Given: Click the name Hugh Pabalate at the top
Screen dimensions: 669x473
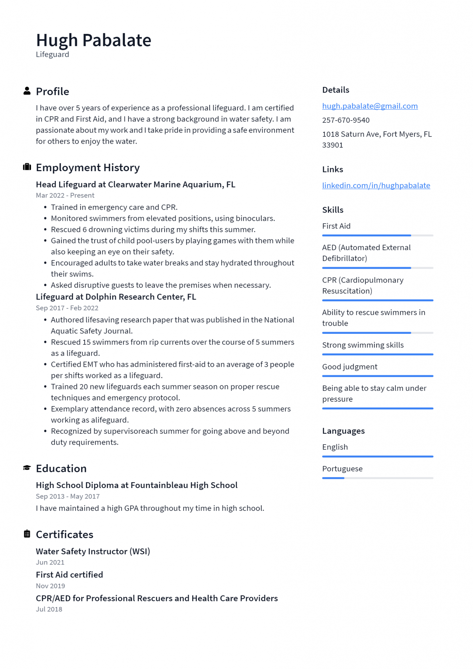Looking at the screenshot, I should click(x=93, y=40).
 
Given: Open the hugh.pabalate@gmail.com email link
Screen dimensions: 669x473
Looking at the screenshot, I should click(x=369, y=106).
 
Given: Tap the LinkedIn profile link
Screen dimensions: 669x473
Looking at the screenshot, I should click(x=376, y=186).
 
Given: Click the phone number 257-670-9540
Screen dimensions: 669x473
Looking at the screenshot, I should click(x=346, y=120).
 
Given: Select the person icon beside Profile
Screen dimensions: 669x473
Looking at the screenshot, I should click(x=27, y=91).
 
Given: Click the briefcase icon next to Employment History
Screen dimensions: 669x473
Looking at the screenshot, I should click(x=27, y=167).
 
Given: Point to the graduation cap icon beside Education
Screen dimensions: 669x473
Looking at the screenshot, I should click(x=27, y=468).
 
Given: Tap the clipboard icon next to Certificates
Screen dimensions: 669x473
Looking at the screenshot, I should click(x=27, y=534).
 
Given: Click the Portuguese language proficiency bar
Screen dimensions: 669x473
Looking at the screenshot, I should click(x=377, y=478).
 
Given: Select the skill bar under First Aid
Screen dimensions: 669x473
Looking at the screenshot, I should click(x=377, y=235).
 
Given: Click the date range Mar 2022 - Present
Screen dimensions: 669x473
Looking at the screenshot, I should click(x=65, y=195).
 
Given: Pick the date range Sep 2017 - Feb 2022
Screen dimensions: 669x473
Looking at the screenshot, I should click(x=67, y=308).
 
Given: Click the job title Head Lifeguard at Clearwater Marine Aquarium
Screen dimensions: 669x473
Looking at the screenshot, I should click(x=135, y=185).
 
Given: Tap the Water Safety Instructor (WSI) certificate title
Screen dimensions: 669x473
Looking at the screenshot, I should click(x=93, y=551).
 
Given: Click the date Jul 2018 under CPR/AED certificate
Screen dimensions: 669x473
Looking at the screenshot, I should click(x=49, y=609).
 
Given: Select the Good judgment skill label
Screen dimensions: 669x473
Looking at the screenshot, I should click(x=350, y=367).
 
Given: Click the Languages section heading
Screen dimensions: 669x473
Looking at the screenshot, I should click(x=343, y=431).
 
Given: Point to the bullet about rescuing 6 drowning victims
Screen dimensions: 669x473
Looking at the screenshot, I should click(x=153, y=230).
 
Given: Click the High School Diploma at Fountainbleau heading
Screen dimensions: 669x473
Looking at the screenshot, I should click(x=137, y=485).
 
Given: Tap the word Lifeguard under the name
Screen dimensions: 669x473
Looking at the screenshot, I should click(x=52, y=55).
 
